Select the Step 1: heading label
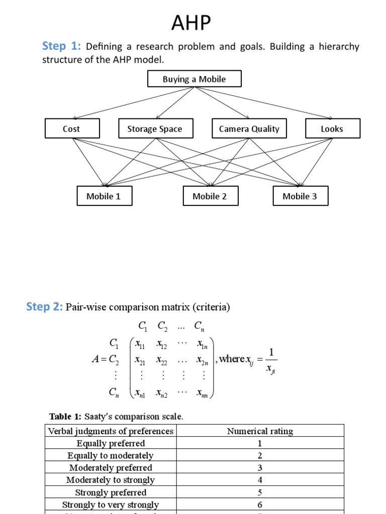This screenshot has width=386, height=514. coord(61,47)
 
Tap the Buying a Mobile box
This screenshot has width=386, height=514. coord(194,79)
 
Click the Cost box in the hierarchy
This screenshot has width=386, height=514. coord(71,128)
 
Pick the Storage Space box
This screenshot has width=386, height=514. coord(154,128)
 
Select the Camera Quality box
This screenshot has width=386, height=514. coord(249,128)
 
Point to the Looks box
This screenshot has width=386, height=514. coord(332,128)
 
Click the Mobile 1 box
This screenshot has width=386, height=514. coord(104,196)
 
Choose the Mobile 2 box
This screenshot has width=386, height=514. coord(210,196)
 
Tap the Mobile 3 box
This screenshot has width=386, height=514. coord(300,196)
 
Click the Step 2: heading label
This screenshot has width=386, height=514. coord(44,307)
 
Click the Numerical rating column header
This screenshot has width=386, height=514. coord(260,431)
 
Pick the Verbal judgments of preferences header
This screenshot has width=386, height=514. coord(111,431)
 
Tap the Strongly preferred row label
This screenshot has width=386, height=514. coord(111,492)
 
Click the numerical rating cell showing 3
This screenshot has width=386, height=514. coord(260,468)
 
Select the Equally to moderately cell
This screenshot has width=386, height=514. coord(111,455)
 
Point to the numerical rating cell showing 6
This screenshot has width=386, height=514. coord(260,504)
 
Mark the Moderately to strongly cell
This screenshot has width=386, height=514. coord(111,480)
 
